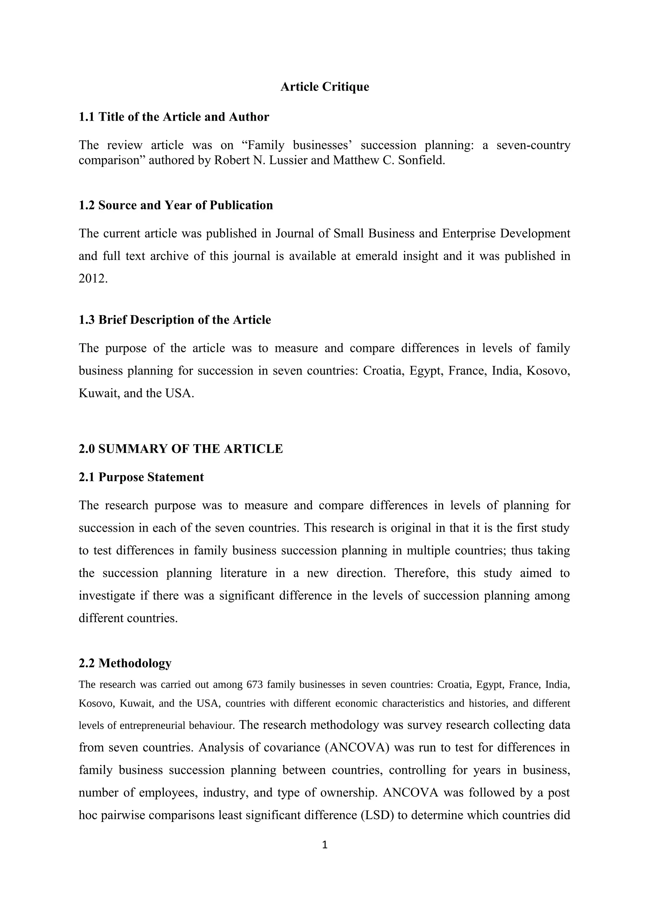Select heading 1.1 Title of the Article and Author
(x=174, y=117)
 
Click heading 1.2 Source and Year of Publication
(x=176, y=205)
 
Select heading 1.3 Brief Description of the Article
(x=175, y=320)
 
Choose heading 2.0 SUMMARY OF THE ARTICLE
(x=181, y=449)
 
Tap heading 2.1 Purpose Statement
(x=141, y=477)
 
